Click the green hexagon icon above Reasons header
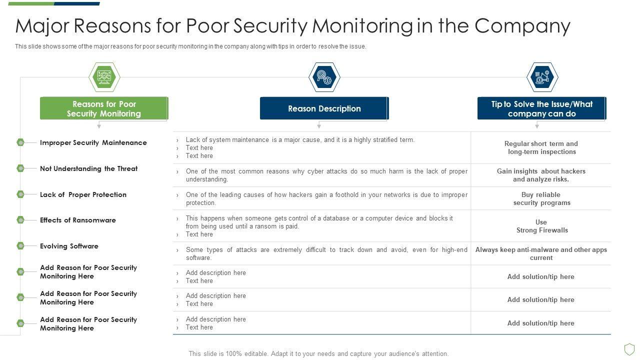point(104,77)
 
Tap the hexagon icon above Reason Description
point(324,77)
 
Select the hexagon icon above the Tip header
point(542,77)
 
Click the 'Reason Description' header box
point(324,108)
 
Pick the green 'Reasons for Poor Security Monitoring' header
point(104,108)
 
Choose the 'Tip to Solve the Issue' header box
point(541,108)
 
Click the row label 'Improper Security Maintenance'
point(93,142)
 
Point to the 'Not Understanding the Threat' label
point(88,168)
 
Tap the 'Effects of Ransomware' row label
point(78,220)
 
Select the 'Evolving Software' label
point(69,246)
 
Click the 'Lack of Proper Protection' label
point(83,194)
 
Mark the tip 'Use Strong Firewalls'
point(541,226)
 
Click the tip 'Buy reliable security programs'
point(541,198)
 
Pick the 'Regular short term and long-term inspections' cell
point(541,147)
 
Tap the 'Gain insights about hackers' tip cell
point(541,175)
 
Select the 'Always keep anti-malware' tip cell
point(541,253)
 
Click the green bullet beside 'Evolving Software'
point(20,246)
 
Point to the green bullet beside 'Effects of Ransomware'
point(20,220)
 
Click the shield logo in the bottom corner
point(629,348)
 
